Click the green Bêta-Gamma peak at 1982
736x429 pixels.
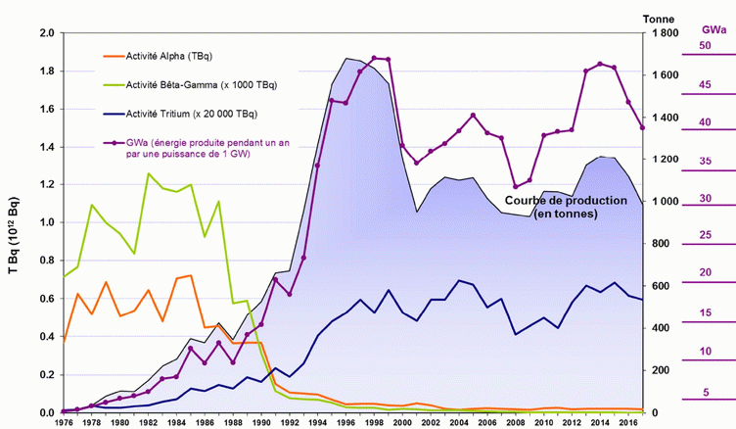(149, 173)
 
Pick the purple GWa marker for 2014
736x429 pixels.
(600, 64)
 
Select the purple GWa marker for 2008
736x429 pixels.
(516, 186)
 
